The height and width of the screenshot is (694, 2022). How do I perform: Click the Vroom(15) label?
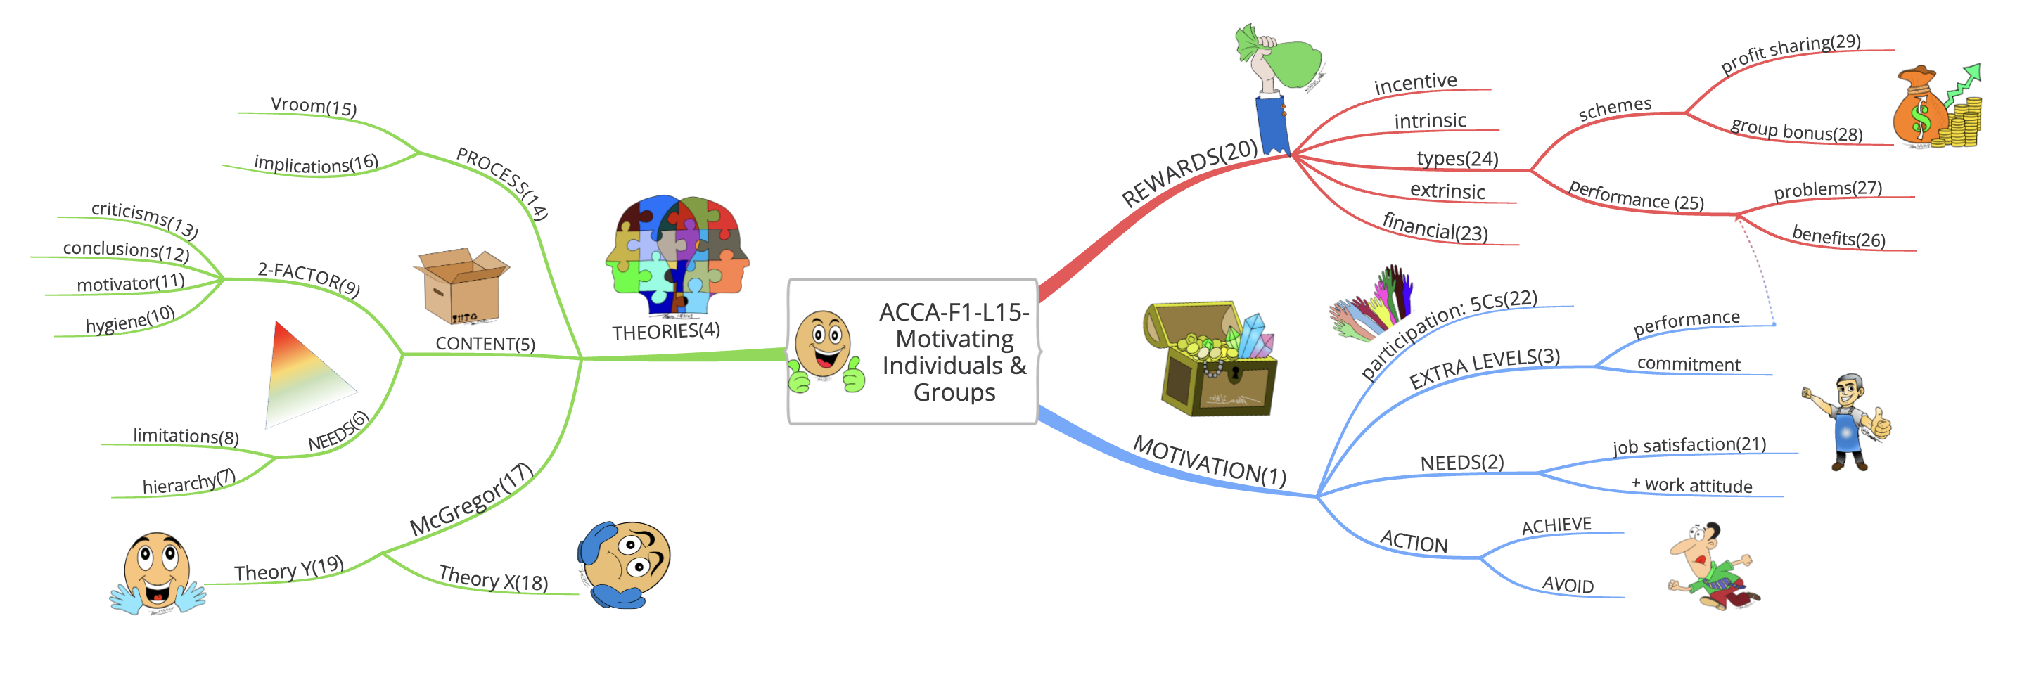tap(313, 106)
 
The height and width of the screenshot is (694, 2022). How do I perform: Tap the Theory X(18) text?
tap(493, 579)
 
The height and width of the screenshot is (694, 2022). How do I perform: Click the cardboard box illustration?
tap(461, 288)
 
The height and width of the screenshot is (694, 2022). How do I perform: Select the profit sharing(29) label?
tap(1790, 53)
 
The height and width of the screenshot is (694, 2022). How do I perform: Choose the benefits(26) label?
tap(1838, 236)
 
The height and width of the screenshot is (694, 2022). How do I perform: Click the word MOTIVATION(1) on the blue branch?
tap(1209, 461)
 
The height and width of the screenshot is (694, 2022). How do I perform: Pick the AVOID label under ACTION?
tap(1568, 584)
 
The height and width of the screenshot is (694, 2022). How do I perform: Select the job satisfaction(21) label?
tap(1689, 445)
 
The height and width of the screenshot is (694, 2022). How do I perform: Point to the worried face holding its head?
tap(625, 564)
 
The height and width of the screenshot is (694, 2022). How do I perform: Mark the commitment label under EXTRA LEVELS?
tap(1689, 364)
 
